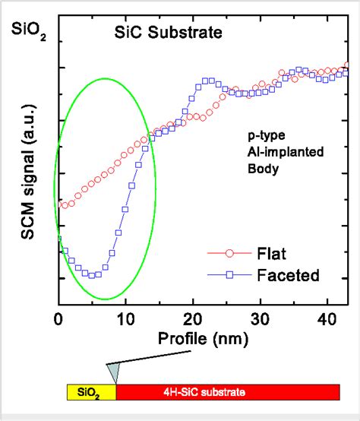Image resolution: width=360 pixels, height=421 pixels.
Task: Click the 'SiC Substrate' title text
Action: click(x=168, y=33)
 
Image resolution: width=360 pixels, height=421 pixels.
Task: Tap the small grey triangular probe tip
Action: click(x=113, y=372)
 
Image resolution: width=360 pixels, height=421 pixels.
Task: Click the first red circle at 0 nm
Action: click(x=60, y=203)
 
